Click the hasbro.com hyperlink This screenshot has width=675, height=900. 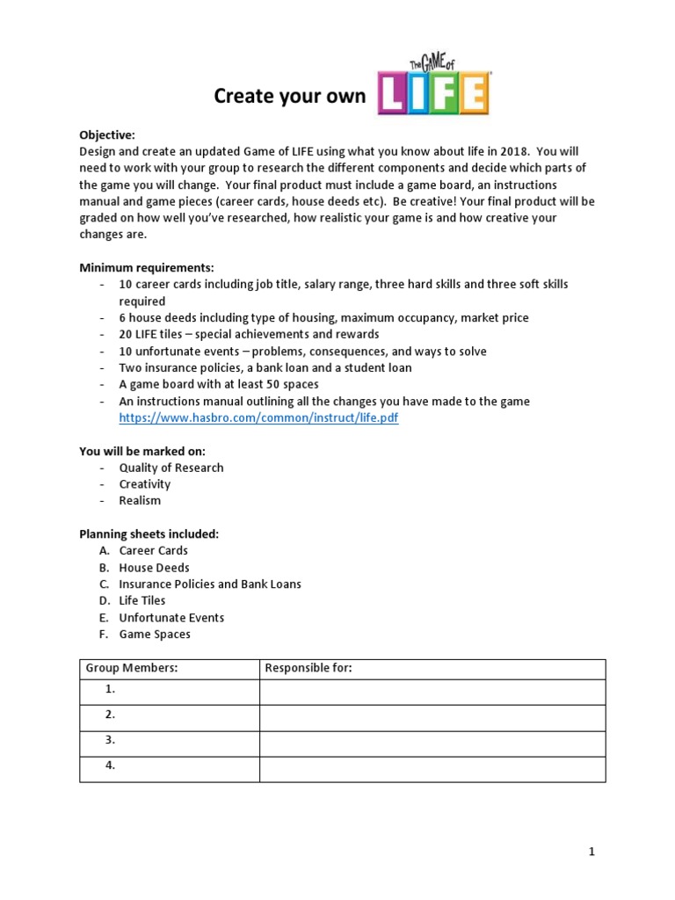point(258,417)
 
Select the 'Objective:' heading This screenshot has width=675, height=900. point(107,134)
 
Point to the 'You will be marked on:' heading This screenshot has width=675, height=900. point(142,451)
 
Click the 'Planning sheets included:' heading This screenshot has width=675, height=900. point(149,533)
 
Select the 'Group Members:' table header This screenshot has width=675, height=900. point(131,669)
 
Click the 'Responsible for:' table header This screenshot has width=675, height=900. point(308,669)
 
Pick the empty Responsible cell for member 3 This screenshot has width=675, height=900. point(432,743)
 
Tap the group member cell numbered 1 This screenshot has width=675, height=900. point(169,692)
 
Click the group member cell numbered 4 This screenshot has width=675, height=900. point(169,768)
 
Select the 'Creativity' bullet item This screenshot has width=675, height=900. point(145,484)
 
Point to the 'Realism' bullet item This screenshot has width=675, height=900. point(140,501)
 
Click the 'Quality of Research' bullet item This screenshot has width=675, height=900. point(171,468)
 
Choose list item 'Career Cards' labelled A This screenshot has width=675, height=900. point(153,551)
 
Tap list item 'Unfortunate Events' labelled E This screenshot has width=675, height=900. point(171,618)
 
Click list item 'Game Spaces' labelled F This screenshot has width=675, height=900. point(155,635)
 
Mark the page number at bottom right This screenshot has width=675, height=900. point(592,851)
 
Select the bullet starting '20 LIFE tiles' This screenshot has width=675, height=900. point(249,334)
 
